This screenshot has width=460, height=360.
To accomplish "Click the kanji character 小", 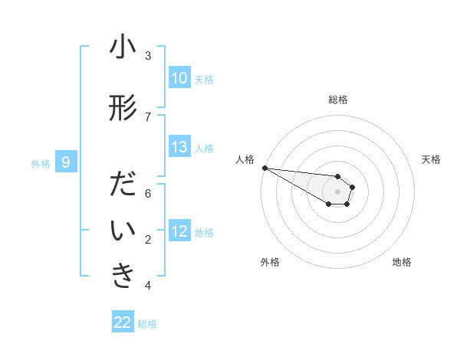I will click(x=123, y=47).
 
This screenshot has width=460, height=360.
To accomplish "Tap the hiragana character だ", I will click(x=123, y=185).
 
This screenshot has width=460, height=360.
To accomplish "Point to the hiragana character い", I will click(x=123, y=231).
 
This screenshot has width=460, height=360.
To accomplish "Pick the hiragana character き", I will click(x=123, y=277).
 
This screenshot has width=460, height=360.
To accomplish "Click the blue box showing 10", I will click(x=179, y=78).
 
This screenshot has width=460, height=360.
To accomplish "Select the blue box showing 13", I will click(x=179, y=147).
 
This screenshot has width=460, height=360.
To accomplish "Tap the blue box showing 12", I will click(x=179, y=231).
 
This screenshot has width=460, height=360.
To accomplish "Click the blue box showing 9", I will click(x=67, y=162).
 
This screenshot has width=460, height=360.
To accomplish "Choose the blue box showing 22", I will click(x=123, y=322).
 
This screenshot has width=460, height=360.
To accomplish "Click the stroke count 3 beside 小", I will click(x=148, y=56).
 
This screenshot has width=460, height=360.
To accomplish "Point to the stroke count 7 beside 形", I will click(x=148, y=117).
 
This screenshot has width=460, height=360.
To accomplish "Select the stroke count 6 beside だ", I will click(x=148, y=194).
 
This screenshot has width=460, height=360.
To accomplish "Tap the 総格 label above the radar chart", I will click(x=338, y=100).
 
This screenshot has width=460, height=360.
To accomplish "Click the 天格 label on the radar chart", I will click(x=432, y=159).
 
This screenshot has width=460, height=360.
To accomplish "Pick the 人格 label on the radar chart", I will click(x=245, y=159).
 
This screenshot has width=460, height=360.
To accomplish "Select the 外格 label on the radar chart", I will click(x=270, y=262).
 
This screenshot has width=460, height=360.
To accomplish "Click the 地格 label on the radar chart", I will click(x=402, y=262).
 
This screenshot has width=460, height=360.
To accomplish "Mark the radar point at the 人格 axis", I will click(x=264, y=168).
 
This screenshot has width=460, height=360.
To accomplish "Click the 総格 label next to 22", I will click(x=147, y=324).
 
